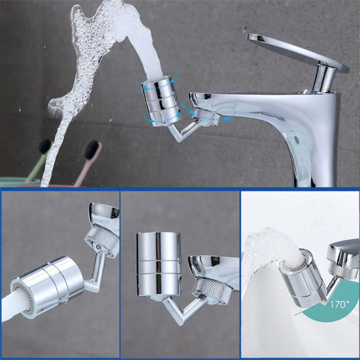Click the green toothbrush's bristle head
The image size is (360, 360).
coord(45,146)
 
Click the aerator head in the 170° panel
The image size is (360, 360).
coord(299,278)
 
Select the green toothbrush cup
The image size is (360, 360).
coord(15,181)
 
